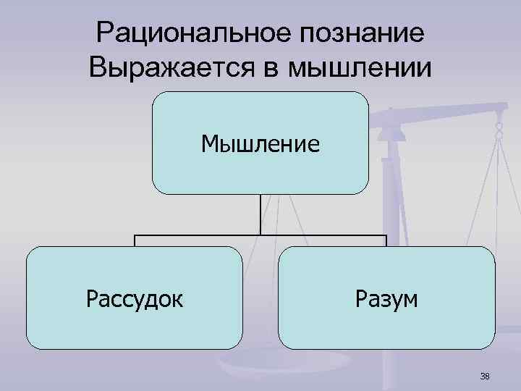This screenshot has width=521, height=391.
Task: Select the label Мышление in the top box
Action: click(260, 144)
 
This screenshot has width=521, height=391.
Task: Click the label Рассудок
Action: click(134, 298)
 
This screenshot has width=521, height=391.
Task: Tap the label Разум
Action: click(386, 298)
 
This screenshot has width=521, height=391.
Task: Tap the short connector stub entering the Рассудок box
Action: click(135, 241)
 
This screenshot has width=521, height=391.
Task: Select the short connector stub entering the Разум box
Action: click(386, 241)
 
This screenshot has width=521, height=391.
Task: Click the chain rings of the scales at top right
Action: click(499, 130)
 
